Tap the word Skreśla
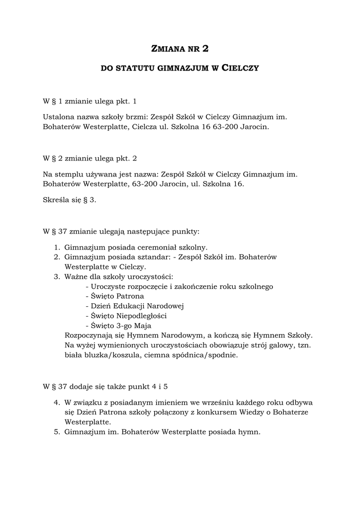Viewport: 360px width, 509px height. click(x=55, y=199)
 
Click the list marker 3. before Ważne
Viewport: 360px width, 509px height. click(x=57, y=277)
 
